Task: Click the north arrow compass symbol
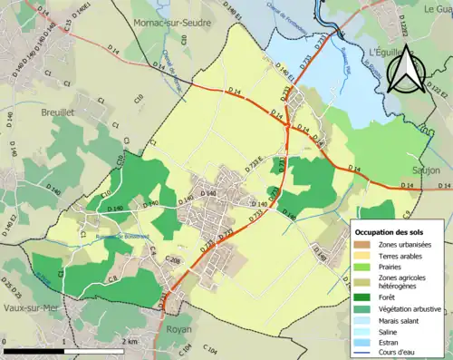click(x=406, y=68)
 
